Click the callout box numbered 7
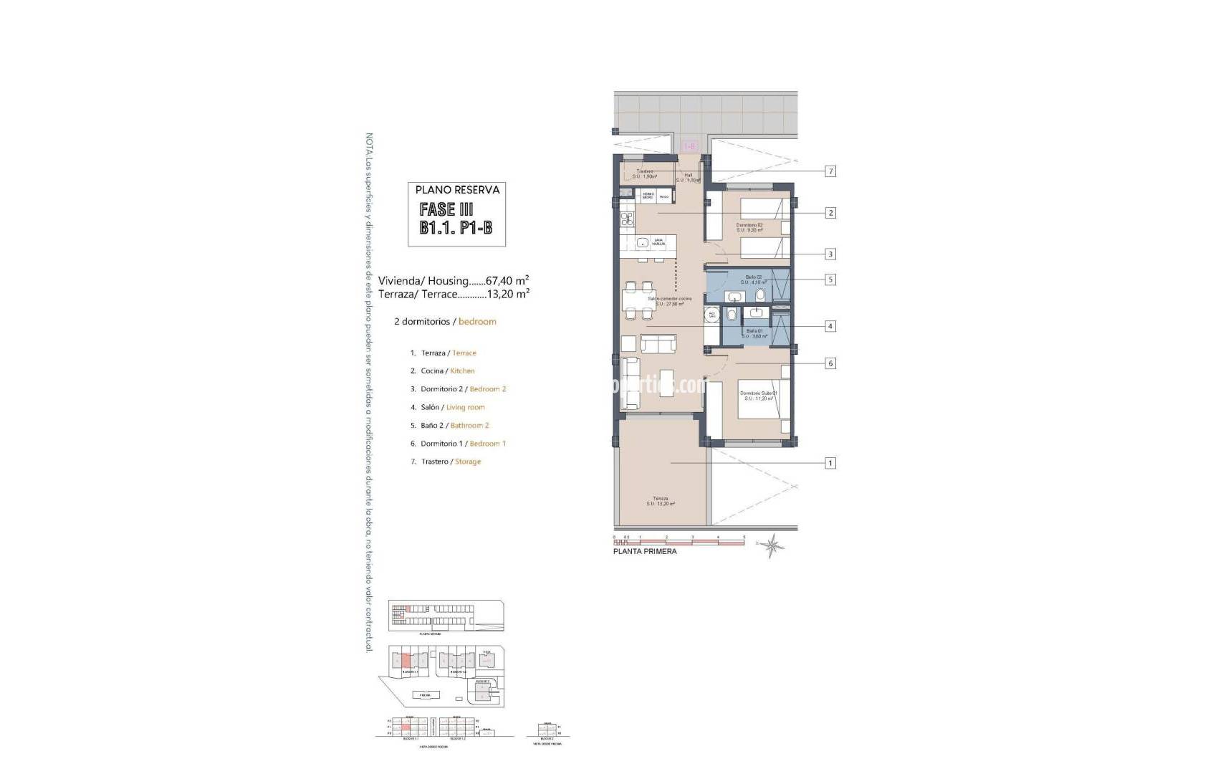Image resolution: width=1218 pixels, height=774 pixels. click(830, 171)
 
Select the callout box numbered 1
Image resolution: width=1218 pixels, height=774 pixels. click(830, 463)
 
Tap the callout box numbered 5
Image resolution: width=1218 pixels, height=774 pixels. click(830, 279)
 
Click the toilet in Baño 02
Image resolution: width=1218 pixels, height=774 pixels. click(760, 295)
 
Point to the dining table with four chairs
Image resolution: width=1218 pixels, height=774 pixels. click(639, 300)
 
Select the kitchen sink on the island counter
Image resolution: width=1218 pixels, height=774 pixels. click(643, 243)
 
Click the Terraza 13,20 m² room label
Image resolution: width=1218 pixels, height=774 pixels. click(660, 501)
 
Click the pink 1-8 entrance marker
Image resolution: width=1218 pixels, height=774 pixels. click(690, 146)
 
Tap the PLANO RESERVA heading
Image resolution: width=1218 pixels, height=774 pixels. click(457, 190)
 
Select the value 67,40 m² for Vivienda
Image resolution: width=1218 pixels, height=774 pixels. click(507, 281)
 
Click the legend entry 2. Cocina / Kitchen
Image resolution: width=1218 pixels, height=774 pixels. click(442, 371)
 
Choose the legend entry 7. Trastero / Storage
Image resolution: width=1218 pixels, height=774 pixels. click(445, 462)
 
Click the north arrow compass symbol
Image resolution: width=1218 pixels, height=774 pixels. click(773, 546)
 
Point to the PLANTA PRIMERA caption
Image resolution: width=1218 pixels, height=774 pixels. click(645, 551)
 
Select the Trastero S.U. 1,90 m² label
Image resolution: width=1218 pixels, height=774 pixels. click(645, 173)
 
